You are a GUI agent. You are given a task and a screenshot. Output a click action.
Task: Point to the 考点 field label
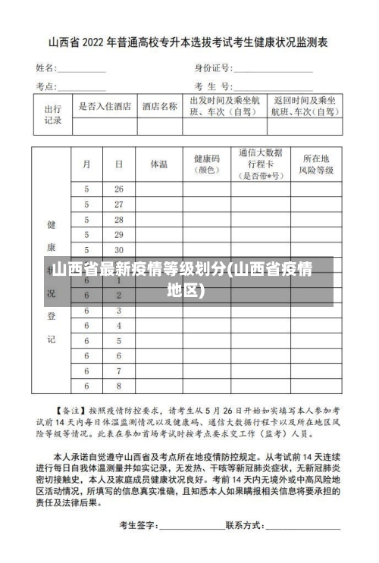coord(46,86)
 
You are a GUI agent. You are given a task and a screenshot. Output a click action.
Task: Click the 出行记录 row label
coord(52,114)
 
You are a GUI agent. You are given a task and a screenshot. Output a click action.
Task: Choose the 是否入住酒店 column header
coord(105,106)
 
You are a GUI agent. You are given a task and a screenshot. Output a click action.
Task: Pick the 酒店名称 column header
coord(159,106)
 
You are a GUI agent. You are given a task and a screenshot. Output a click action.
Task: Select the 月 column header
coord(87,163)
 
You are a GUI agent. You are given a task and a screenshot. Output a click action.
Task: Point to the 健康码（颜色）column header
coord(206,164)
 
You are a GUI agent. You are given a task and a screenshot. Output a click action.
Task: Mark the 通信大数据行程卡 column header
coord(260,164)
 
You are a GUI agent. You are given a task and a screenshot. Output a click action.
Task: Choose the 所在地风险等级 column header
coord(315,164)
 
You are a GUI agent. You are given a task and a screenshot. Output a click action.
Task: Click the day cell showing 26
coord(119,189)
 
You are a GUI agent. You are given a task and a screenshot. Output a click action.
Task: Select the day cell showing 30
coord(119,249)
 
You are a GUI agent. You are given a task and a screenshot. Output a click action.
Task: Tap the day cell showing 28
coord(119,219)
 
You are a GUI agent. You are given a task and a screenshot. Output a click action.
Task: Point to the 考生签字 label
coord(138,524)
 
